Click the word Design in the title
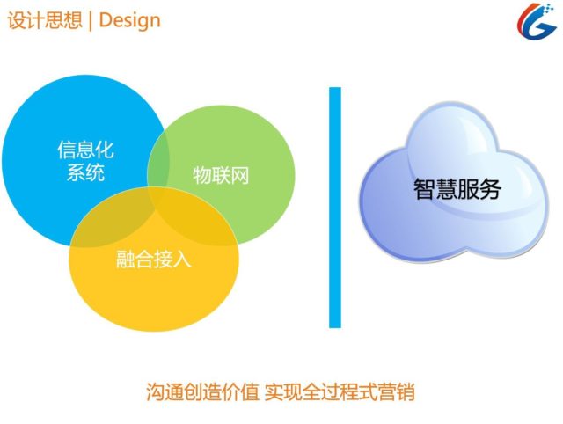pos(129,20)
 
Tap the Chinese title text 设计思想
pos(45,19)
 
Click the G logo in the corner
pos(536,21)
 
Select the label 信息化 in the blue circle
pos(86,150)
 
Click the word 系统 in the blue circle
pos(86,172)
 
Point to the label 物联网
pos(221,176)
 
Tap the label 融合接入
pos(154,260)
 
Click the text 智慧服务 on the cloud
pos(457,189)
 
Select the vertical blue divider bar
pos(335,208)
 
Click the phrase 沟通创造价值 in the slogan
pos(202,392)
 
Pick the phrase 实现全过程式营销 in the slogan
pos(340,392)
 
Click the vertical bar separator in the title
pos(90,21)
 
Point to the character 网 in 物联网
pos(240,176)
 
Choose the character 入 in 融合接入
pos(182,260)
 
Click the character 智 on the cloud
pos(424,189)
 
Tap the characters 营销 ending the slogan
pos(397,392)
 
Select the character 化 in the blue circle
pos(105,150)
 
